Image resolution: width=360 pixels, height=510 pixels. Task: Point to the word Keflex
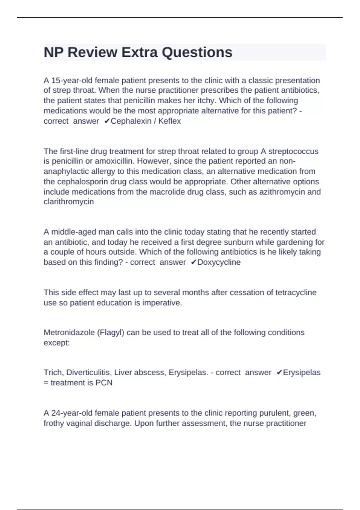[x=169, y=121]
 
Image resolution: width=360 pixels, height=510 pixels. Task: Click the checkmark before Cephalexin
[x=107, y=121]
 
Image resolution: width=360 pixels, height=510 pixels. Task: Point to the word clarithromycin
[x=69, y=202]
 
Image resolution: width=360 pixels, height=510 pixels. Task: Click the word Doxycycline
[x=219, y=262]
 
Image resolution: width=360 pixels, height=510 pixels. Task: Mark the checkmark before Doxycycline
[x=193, y=262]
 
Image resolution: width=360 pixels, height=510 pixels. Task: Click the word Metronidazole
[x=69, y=332]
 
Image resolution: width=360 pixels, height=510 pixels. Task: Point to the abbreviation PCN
[x=104, y=383]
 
